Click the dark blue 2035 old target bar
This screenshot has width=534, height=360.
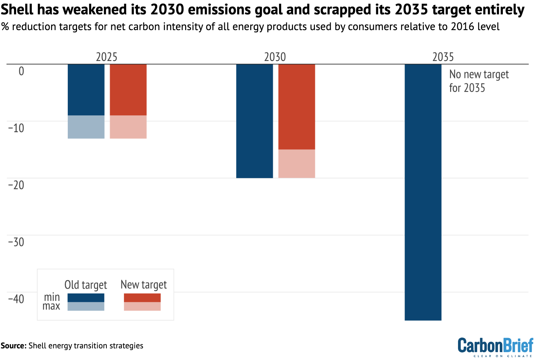[x=423, y=192]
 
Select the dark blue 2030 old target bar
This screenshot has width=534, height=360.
[x=254, y=121]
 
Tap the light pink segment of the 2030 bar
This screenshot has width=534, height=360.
[x=296, y=164]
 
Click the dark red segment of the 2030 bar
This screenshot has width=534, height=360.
[x=296, y=106]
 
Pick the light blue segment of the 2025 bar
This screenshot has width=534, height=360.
[x=86, y=127]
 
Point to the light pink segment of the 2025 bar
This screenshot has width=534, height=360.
[x=128, y=127]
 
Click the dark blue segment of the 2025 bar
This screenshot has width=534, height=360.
[x=86, y=90]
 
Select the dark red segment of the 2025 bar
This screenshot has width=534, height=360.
[x=128, y=90]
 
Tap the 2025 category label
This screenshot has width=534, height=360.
[x=106, y=57]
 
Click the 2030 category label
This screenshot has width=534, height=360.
[x=275, y=57]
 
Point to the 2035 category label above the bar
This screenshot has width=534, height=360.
[x=443, y=57]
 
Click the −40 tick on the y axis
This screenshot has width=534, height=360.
[x=16, y=299]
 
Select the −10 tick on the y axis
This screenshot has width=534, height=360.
[x=16, y=128]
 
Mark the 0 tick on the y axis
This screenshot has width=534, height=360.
[x=21, y=71]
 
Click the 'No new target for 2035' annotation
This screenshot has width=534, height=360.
[x=479, y=81]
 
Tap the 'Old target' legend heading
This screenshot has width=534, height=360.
[x=86, y=285]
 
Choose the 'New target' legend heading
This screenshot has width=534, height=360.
[x=143, y=285]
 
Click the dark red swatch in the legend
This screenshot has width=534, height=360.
[x=142, y=298]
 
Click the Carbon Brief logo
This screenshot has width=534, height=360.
[x=495, y=347]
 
